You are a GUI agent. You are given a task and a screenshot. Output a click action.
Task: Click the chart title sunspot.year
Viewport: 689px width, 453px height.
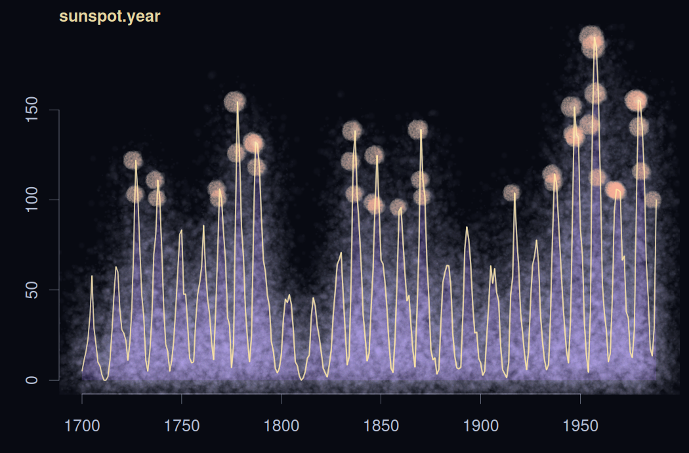click(x=110, y=16)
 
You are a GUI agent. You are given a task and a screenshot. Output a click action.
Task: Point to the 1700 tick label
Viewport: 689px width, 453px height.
click(x=82, y=425)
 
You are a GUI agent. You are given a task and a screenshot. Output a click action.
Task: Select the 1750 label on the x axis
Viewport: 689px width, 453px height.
click(x=182, y=425)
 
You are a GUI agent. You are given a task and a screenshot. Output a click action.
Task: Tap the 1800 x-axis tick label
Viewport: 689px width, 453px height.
click(x=281, y=425)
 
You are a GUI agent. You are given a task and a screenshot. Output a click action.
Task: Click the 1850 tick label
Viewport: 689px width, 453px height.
click(x=381, y=425)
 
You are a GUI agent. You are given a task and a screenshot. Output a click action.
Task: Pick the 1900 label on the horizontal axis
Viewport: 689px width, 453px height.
click(x=480, y=425)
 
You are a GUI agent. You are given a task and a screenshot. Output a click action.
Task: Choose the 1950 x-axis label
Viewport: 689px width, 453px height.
click(x=580, y=425)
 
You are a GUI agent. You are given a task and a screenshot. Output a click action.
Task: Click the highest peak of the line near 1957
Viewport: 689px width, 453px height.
click(x=595, y=37)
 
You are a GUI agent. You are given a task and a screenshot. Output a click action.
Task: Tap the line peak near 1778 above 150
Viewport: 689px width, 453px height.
click(x=238, y=102)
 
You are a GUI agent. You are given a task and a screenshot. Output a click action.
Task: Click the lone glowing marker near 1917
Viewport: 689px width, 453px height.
click(x=512, y=193)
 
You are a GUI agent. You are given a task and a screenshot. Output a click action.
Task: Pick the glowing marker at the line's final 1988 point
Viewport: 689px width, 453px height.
click(x=652, y=200)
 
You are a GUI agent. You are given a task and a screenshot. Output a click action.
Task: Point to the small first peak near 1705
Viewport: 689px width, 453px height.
click(x=92, y=276)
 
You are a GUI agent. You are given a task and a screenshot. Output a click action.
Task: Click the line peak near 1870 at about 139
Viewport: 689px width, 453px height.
click(x=421, y=129)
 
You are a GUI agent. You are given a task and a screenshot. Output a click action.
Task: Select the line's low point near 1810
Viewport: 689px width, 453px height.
click(x=301, y=379)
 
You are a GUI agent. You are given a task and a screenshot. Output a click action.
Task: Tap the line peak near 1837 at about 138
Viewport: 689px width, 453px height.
click(x=355, y=131)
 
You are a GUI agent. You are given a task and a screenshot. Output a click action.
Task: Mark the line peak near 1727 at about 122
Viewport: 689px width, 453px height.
click(x=136, y=160)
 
